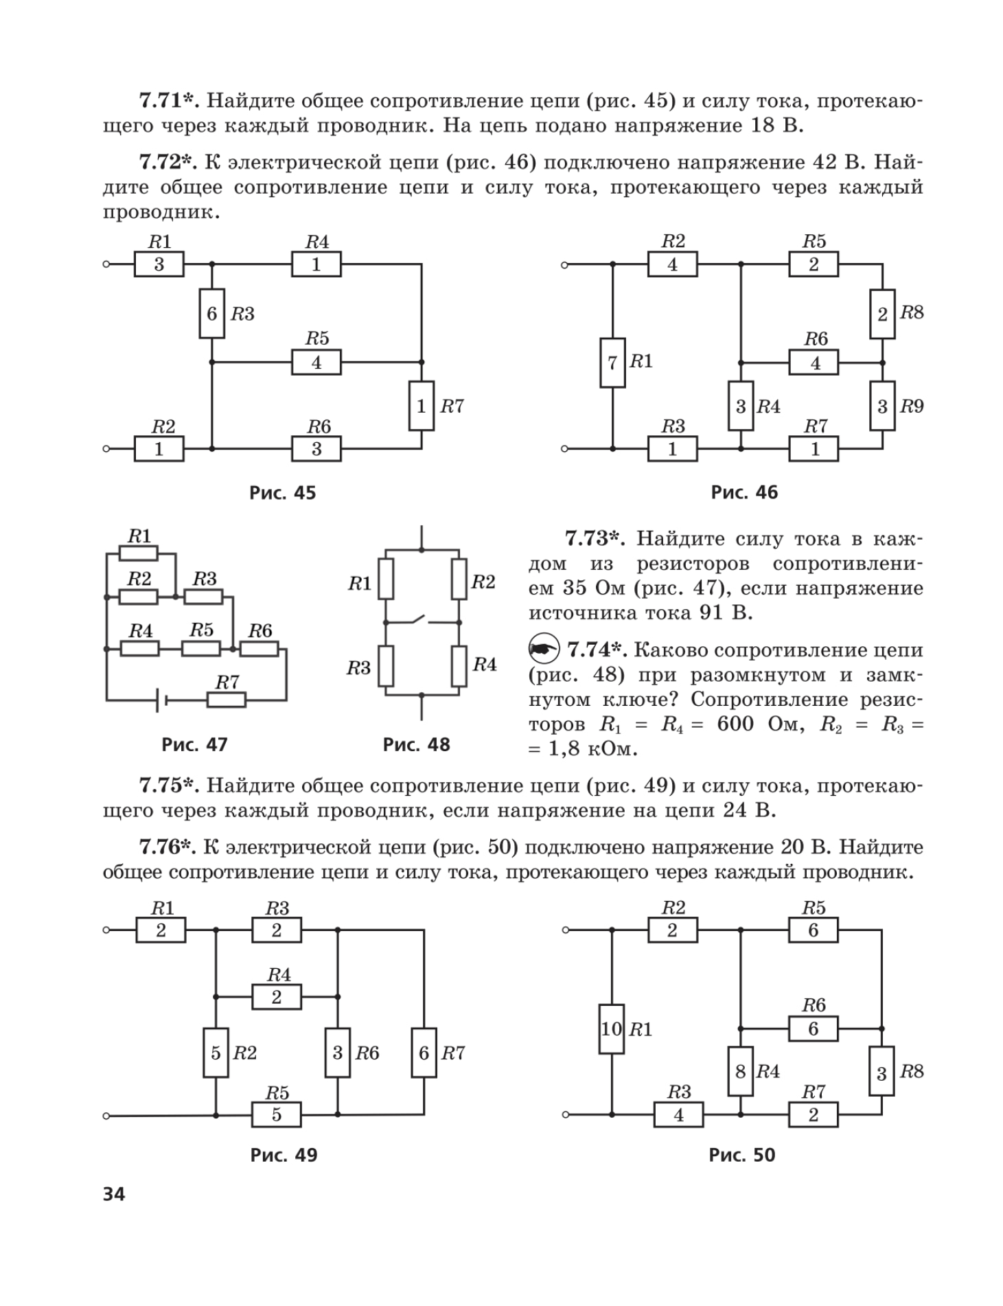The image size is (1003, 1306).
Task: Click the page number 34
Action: point(114,1194)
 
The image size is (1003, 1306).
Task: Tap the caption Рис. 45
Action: point(283,492)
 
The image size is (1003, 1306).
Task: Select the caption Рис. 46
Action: point(745,492)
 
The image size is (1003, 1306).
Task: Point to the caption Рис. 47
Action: point(194,744)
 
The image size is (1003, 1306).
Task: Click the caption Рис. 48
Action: point(417,744)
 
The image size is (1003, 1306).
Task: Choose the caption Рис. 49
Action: point(284,1155)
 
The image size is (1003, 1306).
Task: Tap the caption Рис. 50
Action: point(742,1155)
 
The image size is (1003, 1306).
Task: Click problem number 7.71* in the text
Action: point(169,101)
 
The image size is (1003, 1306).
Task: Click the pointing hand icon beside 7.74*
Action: point(544,649)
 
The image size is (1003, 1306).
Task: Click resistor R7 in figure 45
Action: point(422,406)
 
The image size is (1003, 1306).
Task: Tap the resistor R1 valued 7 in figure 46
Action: point(612,363)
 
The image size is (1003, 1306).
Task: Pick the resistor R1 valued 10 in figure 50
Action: point(611,1029)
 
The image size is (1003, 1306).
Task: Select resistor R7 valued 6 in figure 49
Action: point(424,1053)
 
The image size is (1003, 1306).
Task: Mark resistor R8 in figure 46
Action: point(883,314)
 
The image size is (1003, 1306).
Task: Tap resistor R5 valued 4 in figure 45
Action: point(316,362)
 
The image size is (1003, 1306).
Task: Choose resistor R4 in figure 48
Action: point(459,666)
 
